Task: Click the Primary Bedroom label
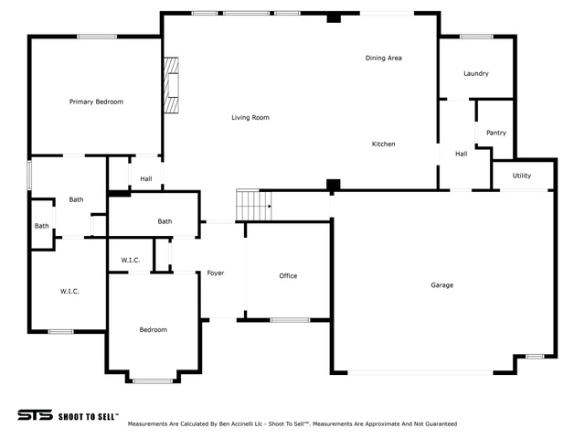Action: (x=96, y=102)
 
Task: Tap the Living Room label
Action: (x=250, y=118)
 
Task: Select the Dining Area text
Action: (x=384, y=58)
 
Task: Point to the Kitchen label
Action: (x=384, y=145)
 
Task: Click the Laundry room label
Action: (x=476, y=73)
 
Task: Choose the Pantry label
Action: (x=496, y=133)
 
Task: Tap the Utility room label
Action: (x=522, y=176)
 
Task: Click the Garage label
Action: (x=442, y=285)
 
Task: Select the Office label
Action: (x=288, y=276)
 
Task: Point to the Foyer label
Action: (x=216, y=273)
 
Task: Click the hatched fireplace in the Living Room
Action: (x=171, y=85)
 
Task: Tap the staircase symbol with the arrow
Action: (x=254, y=205)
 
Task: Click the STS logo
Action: (x=35, y=415)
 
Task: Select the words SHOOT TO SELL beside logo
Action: (x=89, y=417)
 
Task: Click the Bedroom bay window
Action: (x=153, y=381)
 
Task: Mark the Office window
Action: (x=290, y=320)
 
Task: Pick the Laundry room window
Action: (x=476, y=37)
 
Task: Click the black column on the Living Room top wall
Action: (x=334, y=17)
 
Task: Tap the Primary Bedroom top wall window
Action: (x=97, y=37)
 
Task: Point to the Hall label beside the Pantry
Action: (x=461, y=154)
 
